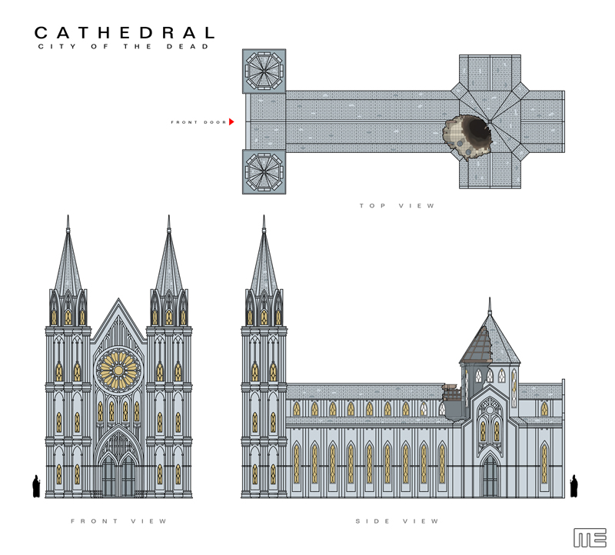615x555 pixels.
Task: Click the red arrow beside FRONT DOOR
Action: [x=231, y=121]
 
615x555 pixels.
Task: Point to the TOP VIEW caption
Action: [x=397, y=206]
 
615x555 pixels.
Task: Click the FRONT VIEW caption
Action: [x=118, y=521]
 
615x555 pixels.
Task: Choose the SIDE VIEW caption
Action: [x=397, y=521]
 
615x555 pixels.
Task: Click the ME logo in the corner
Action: [x=590, y=537]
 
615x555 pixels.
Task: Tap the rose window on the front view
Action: [x=118, y=368]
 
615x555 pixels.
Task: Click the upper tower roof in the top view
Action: [x=264, y=72]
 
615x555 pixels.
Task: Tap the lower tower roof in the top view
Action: [x=264, y=171]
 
